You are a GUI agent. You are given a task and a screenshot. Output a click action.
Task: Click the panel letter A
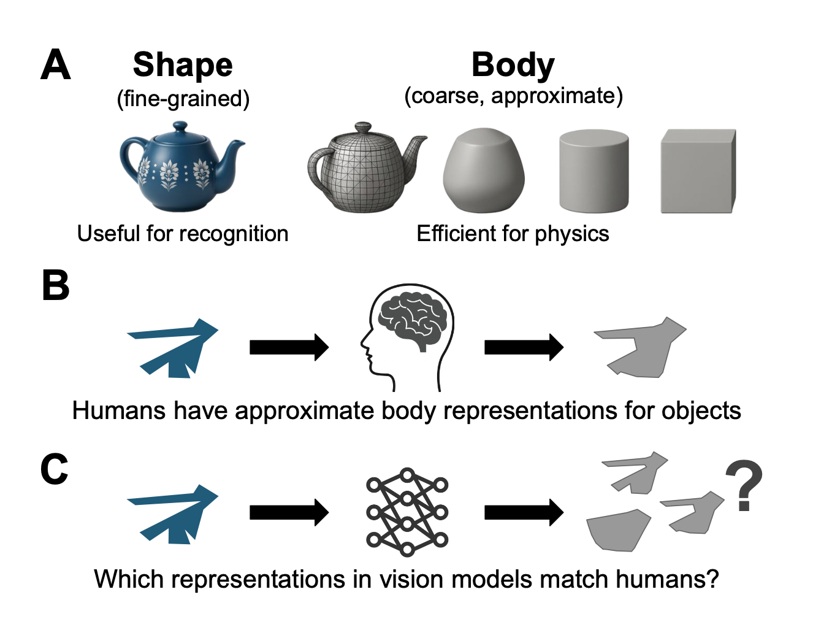pos(55,65)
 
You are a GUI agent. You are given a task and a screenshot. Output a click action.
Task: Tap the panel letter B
pos(55,286)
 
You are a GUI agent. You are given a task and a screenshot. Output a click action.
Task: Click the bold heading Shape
pos(183,65)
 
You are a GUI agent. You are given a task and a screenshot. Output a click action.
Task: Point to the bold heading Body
pos(513,65)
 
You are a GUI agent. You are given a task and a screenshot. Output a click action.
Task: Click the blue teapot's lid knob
pos(180,126)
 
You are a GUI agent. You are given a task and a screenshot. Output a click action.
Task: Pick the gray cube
pos(697,171)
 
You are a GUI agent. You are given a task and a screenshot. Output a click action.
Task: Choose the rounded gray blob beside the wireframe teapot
pos(483,170)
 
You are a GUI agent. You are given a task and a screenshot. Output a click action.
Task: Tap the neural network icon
pos(407,512)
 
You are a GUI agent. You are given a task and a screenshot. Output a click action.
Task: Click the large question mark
pos(744,486)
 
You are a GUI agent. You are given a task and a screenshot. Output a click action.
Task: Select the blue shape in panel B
pos(175,347)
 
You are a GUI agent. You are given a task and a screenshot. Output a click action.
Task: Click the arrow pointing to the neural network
pos(289,512)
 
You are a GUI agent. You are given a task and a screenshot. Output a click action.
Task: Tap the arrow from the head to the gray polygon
pos(523,347)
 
